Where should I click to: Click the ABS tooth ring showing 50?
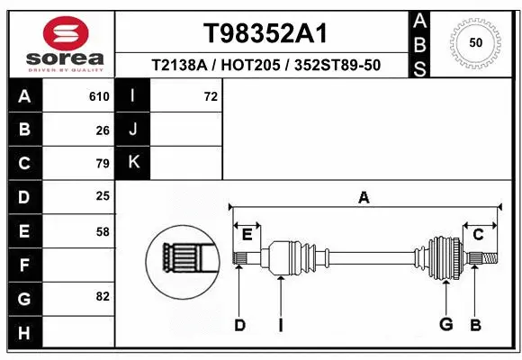(x=475, y=42)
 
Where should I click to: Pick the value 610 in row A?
(x=99, y=96)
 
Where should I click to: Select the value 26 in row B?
(x=103, y=130)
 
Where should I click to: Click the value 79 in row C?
(x=103, y=164)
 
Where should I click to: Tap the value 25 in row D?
(x=103, y=196)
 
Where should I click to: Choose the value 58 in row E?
(x=103, y=230)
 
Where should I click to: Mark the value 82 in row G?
(x=103, y=296)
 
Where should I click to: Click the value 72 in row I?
(x=211, y=96)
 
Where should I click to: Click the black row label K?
(x=133, y=163)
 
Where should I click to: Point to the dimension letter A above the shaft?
(x=364, y=197)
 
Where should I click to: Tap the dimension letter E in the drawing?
(x=247, y=235)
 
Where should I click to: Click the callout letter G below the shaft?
(x=445, y=324)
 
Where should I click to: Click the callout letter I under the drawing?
(x=280, y=325)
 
